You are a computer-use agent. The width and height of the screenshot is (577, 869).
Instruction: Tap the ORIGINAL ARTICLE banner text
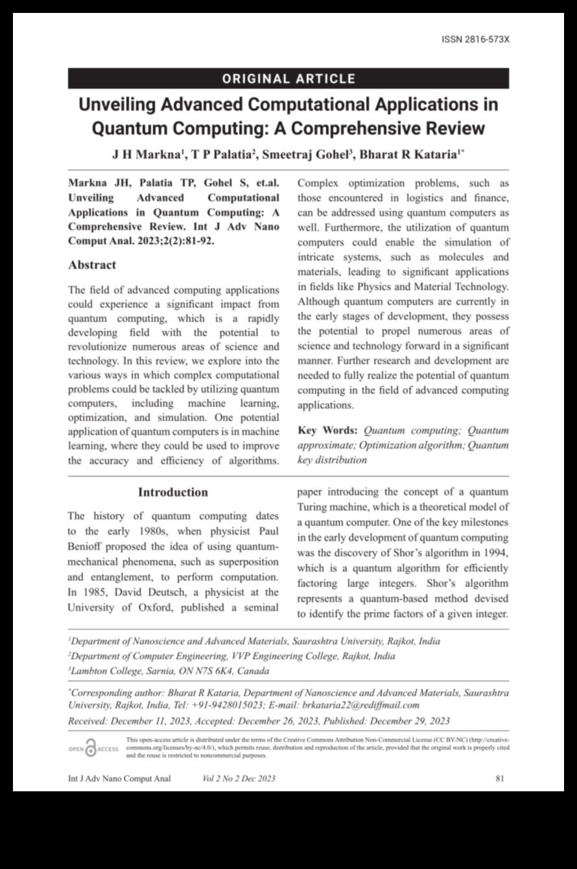288,79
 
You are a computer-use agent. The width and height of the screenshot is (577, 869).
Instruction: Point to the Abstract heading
92,265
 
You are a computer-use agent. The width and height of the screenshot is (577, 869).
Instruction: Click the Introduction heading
173,492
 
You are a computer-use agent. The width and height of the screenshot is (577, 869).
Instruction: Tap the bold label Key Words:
327,431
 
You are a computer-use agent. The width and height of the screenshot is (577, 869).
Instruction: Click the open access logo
93,750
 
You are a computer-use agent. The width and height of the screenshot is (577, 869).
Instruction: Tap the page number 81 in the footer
499,778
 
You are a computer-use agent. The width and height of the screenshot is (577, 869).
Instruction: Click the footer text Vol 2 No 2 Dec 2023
239,778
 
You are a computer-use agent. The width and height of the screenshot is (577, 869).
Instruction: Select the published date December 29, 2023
405,721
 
